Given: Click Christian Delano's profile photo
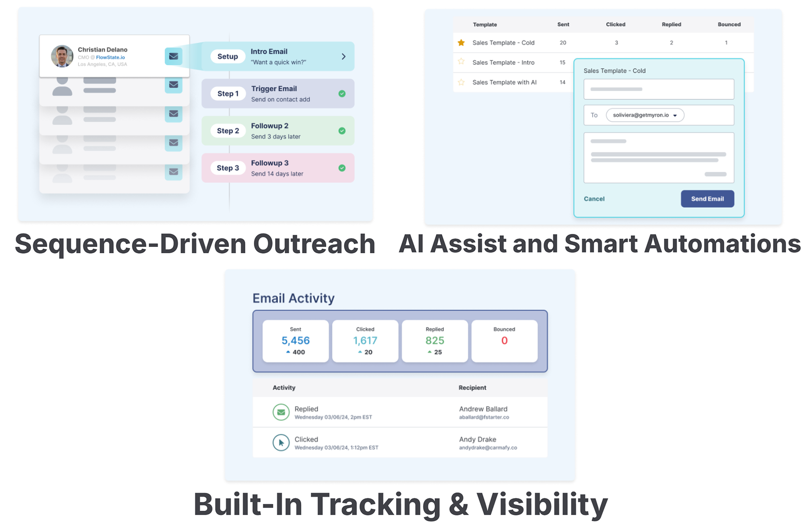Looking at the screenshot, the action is [62, 56].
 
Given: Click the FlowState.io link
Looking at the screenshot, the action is [110, 57].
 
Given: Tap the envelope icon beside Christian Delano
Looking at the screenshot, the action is [173, 56].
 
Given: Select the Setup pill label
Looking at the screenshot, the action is [227, 56].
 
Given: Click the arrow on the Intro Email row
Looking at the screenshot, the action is [343, 56].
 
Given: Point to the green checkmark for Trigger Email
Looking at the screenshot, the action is [342, 94].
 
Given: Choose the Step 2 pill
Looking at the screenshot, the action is [227, 131].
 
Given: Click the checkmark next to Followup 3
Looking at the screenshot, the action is [342, 168].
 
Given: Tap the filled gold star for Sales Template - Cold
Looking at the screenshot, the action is [461, 42].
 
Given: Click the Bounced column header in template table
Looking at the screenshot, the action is [729, 24].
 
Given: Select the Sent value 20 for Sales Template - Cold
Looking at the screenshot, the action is [562, 43].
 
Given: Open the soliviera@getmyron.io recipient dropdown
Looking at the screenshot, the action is [645, 115].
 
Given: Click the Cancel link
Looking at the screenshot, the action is [594, 199].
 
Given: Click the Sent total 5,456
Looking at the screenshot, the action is [295, 340].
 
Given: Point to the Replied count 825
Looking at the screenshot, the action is [435, 340].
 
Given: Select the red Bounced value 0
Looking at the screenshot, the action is [504, 340].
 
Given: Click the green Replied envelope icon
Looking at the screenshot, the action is [281, 412].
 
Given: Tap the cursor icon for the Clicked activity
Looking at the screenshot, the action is [281, 443].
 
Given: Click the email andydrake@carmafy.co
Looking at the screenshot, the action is [488, 448].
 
